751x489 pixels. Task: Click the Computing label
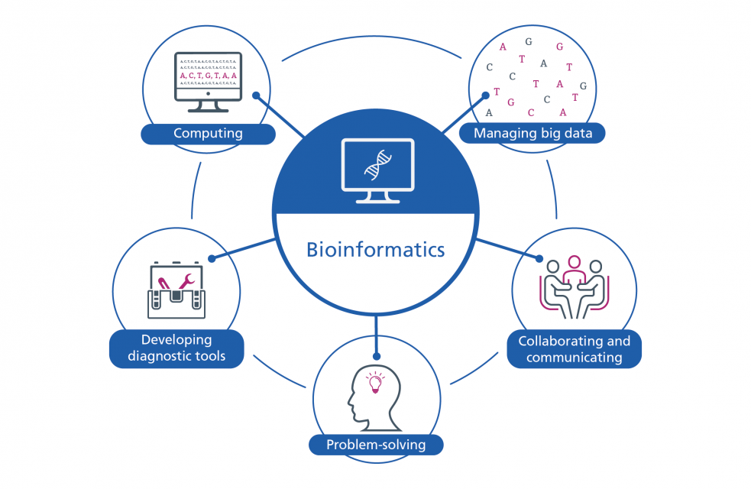pos(208,134)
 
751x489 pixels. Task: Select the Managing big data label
pos(532,134)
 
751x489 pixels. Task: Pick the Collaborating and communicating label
pos(575,349)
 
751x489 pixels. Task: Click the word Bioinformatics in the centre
pos(375,249)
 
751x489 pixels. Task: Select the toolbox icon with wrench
pos(176,291)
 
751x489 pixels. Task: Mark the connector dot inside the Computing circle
pos(257,96)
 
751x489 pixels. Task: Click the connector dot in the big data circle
pos(485,96)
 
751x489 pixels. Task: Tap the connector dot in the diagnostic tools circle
pos(212,258)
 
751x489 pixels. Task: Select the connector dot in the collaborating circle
pos(539,258)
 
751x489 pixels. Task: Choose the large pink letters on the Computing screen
pos(208,76)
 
